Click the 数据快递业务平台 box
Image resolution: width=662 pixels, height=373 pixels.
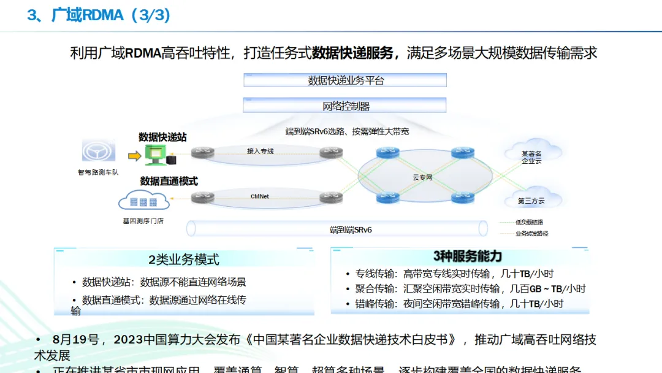tap(345, 80)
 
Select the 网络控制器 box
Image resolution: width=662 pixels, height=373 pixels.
tap(345, 106)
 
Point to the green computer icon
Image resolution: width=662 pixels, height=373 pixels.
tap(154, 155)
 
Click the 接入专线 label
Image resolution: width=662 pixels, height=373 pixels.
tap(260, 150)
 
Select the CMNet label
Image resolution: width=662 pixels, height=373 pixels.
tap(260, 196)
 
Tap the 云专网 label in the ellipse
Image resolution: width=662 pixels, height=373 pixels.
tap(422, 177)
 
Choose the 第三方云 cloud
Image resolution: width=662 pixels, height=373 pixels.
tap(531, 199)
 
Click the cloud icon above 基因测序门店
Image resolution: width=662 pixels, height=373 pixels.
tap(143, 201)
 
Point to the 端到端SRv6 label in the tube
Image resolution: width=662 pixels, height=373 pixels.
tap(351, 229)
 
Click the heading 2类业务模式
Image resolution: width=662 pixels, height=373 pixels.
tap(183, 260)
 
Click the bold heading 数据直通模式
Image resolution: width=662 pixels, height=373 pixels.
tap(169, 181)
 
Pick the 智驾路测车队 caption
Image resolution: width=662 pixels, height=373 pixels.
tap(98, 172)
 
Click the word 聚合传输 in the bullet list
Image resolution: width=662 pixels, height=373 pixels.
tap(375, 288)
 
